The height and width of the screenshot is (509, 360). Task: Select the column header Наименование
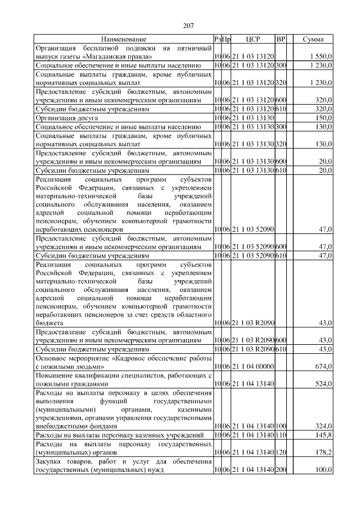[x=124, y=39]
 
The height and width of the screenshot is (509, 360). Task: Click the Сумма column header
[x=313, y=39]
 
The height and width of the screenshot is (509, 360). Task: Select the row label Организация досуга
[x=67, y=118]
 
